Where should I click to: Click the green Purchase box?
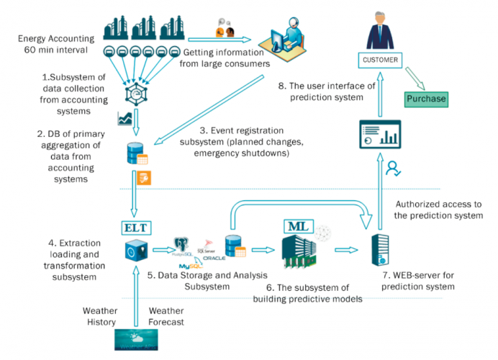[426, 99]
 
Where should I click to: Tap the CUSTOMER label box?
[381, 59]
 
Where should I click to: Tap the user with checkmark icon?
[393, 169]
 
